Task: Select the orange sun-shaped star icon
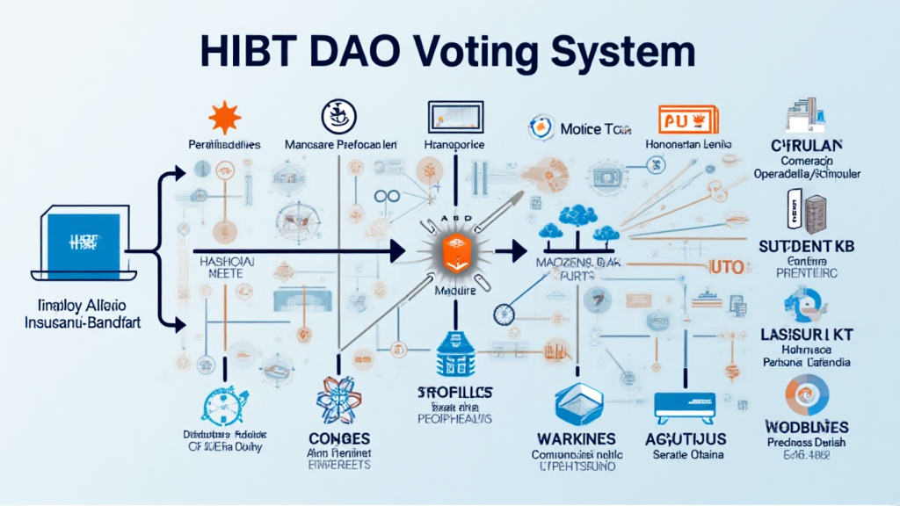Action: (224, 118)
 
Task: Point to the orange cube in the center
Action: (449, 251)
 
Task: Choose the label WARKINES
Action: (576, 437)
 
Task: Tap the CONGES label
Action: (341, 437)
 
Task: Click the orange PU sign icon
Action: (688, 119)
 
